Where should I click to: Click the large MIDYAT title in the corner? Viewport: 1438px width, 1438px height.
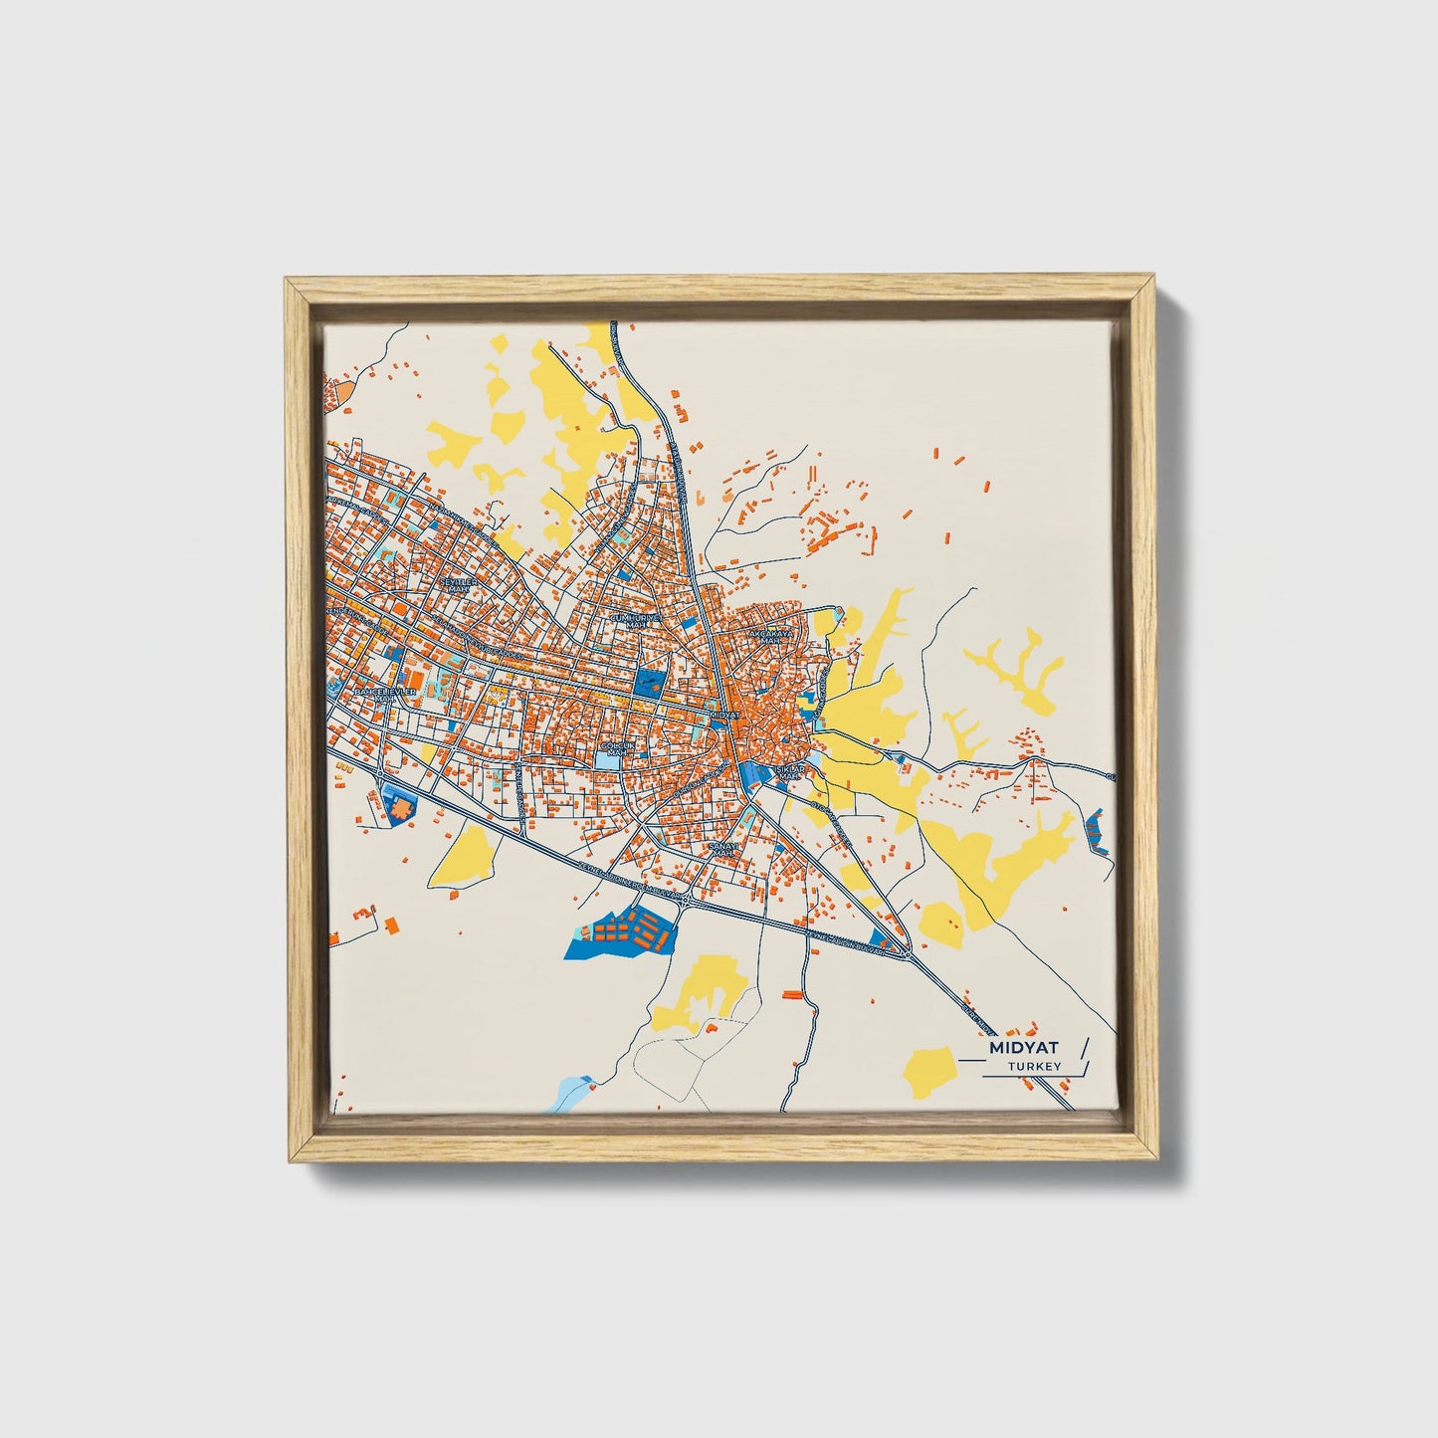[1024, 1048]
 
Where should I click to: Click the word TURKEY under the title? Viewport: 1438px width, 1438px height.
[1034, 1067]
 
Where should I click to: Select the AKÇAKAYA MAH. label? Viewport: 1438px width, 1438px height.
[772, 636]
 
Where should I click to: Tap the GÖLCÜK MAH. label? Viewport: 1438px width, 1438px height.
[618, 748]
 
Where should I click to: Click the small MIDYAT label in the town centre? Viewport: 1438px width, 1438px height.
[726, 715]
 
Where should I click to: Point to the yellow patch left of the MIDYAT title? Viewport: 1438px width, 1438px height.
[929, 1073]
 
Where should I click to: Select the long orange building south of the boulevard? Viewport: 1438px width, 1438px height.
[792, 993]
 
